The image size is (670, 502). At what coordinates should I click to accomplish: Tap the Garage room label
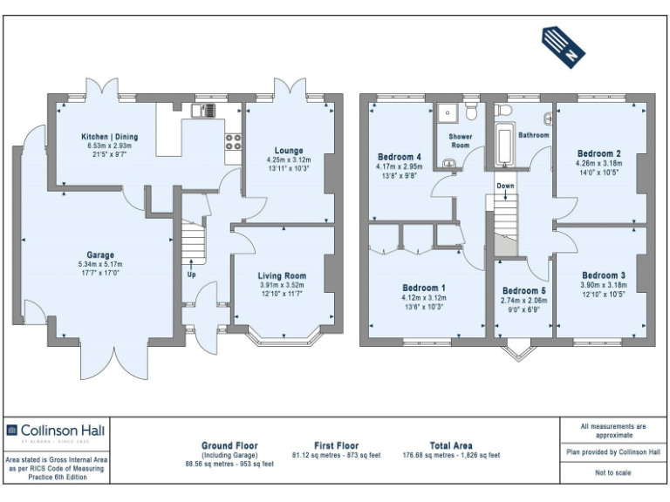point(100,255)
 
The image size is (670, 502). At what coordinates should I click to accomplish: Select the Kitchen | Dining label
point(110,137)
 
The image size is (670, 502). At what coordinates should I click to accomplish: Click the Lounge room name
point(289,151)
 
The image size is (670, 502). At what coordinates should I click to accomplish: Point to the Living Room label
point(283,275)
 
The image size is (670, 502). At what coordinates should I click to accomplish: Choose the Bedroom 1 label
point(424,288)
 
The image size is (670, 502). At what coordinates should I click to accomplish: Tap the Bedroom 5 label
point(524,290)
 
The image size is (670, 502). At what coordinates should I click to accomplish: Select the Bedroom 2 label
point(598,152)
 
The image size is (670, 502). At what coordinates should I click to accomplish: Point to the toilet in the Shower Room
point(471,112)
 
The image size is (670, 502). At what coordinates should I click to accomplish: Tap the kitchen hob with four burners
point(233,143)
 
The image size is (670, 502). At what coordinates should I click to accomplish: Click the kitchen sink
point(203,110)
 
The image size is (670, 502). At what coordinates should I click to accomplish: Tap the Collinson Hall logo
point(57,430)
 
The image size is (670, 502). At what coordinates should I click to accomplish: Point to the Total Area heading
point(451,445)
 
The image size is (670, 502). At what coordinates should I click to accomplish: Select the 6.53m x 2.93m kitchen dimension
point(110,146)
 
